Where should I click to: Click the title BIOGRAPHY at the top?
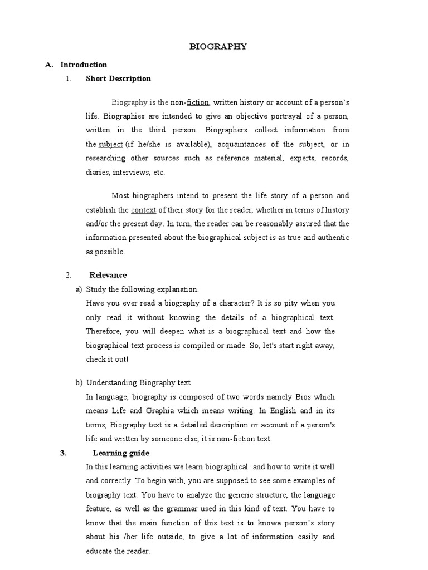pos(218,47)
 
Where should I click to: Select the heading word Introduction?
pos(84,65)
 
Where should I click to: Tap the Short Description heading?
pos(118,78)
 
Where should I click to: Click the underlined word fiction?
pos(198,102)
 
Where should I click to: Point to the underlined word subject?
pos(110,144)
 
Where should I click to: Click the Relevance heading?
pos(108,275)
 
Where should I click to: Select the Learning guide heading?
pos(121,453)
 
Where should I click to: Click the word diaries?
pos(98,172)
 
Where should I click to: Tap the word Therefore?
pos(104,331)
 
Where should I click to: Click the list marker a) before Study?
pos(79,289)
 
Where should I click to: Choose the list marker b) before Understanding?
pos(79,382)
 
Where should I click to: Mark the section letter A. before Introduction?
pos(49,65)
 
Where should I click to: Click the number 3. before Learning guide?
pos(63,453)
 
